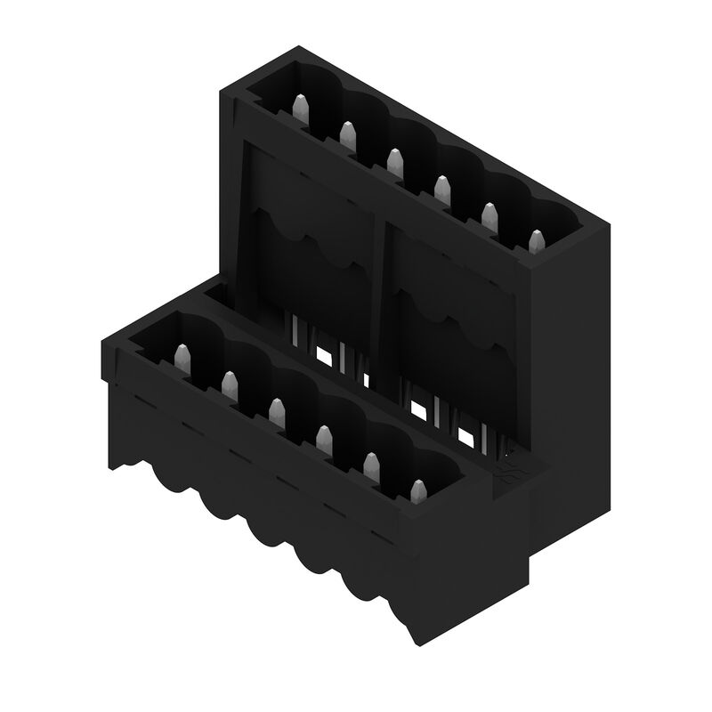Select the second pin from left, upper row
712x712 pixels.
347,136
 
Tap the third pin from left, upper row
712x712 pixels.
394,162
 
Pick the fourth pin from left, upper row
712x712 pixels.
441,189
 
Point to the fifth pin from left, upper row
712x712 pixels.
489,216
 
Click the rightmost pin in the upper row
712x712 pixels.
536,241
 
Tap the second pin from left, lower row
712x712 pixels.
230,385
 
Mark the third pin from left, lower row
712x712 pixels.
277,411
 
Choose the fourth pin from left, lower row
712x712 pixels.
324,439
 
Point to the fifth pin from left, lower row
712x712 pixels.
371,465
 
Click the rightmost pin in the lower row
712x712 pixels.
418,491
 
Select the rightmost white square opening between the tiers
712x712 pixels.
465,437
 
